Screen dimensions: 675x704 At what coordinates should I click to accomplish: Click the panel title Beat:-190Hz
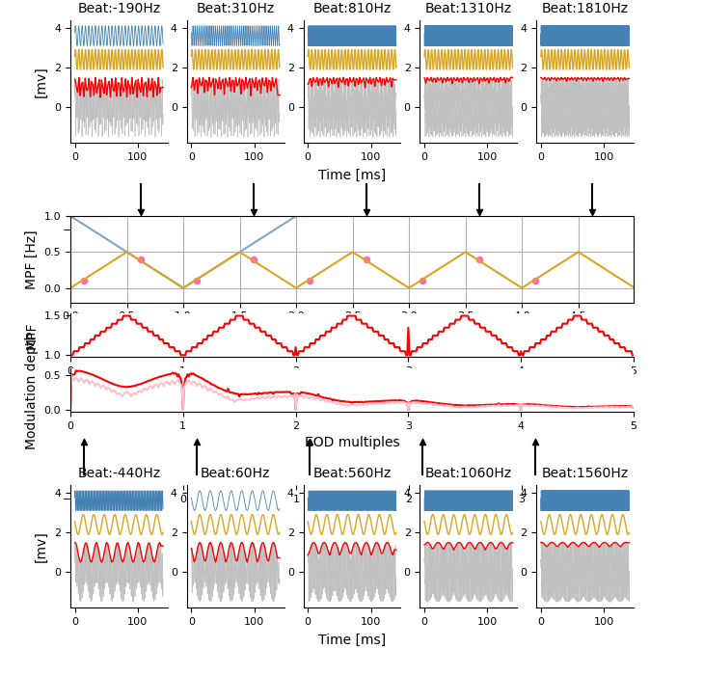(119, 9)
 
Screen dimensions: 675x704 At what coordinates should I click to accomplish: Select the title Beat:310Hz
(235, 9)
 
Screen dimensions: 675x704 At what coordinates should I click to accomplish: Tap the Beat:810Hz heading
(352, 9)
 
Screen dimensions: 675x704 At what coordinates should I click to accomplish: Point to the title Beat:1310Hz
(468, 9)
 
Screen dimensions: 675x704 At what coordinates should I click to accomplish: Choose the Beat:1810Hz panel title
(584, 9)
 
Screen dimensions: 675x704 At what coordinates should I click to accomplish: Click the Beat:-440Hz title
(119, 473)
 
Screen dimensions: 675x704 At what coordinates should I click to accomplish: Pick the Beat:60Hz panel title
(235, 473)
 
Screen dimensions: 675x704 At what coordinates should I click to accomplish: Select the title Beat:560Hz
(352, 473)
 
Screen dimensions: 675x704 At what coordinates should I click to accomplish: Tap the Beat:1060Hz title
(468, 473)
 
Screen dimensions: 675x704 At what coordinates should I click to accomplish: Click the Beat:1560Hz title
(584, 473)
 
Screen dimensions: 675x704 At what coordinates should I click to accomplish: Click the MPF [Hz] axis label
(31, 259)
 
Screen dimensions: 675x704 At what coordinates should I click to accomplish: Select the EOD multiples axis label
(352, 443)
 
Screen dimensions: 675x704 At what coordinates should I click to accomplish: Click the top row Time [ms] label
(352, 175)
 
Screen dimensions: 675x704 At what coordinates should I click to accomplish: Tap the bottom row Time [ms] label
(352, 640)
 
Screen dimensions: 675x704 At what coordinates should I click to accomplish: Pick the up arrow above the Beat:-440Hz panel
(84, 455)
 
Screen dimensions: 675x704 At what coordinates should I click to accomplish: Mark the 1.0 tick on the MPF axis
(51, 216)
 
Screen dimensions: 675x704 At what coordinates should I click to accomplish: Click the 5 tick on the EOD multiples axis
(634, 425)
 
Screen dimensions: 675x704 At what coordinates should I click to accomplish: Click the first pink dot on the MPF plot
(84, 281)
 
